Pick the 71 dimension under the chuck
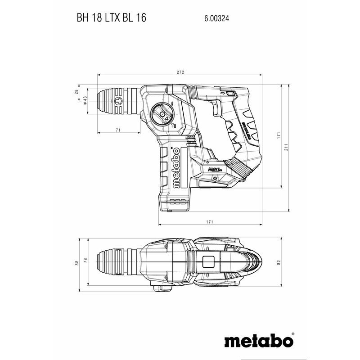click(x=118, y=130)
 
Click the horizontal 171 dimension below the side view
click(x=210, y=222)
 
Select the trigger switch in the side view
click(x=216, y=108)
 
